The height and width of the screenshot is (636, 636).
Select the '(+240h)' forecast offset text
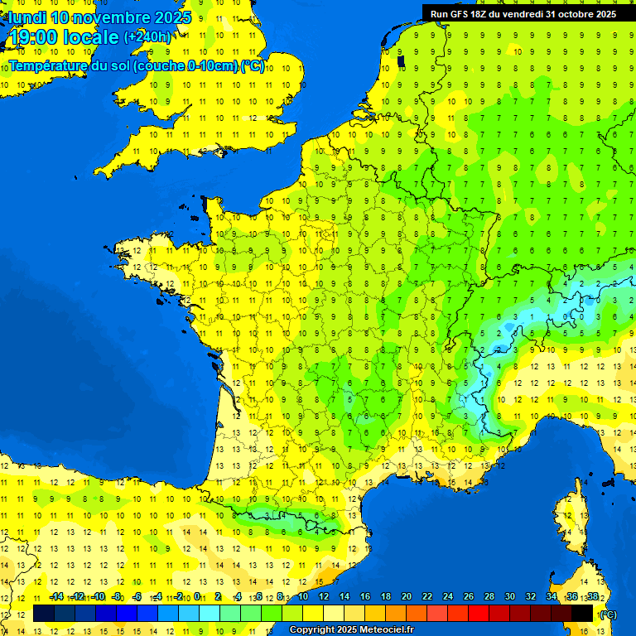click(148, 36)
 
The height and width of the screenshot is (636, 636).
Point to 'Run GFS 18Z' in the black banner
click(460, 13)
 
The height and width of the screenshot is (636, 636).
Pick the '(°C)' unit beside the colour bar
click(608, 614)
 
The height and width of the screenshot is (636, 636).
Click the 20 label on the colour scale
click(407, 597)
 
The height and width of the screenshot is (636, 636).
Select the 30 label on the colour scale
click(510, 597)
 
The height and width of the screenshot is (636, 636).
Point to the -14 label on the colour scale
click(56, 597)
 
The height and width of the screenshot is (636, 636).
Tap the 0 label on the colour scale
click(196, 597)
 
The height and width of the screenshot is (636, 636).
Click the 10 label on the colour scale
click(303, 597)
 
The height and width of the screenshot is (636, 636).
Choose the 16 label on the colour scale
click(365, 597)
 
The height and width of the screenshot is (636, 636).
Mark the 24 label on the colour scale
click(448, 597)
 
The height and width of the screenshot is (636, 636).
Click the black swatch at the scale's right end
click(583, 614)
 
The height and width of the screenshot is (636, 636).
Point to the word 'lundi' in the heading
click(26, 17)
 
